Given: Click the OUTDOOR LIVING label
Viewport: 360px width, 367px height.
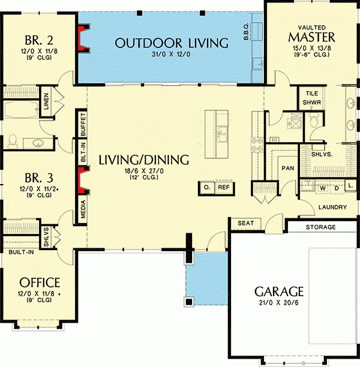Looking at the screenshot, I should (x=172, y=43).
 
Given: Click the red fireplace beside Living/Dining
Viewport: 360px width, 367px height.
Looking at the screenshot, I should (x=79, y=179).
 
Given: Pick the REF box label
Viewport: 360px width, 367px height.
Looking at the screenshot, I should (x=223, y=188).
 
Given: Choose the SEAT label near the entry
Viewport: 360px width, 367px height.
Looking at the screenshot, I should (x=246, y=223).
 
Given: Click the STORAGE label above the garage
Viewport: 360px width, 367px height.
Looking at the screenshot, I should (x=320, y=227).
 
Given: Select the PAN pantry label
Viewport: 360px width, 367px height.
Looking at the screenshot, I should (x=287, y=169).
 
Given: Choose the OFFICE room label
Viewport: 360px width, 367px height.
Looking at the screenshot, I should (x=40, y=282).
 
